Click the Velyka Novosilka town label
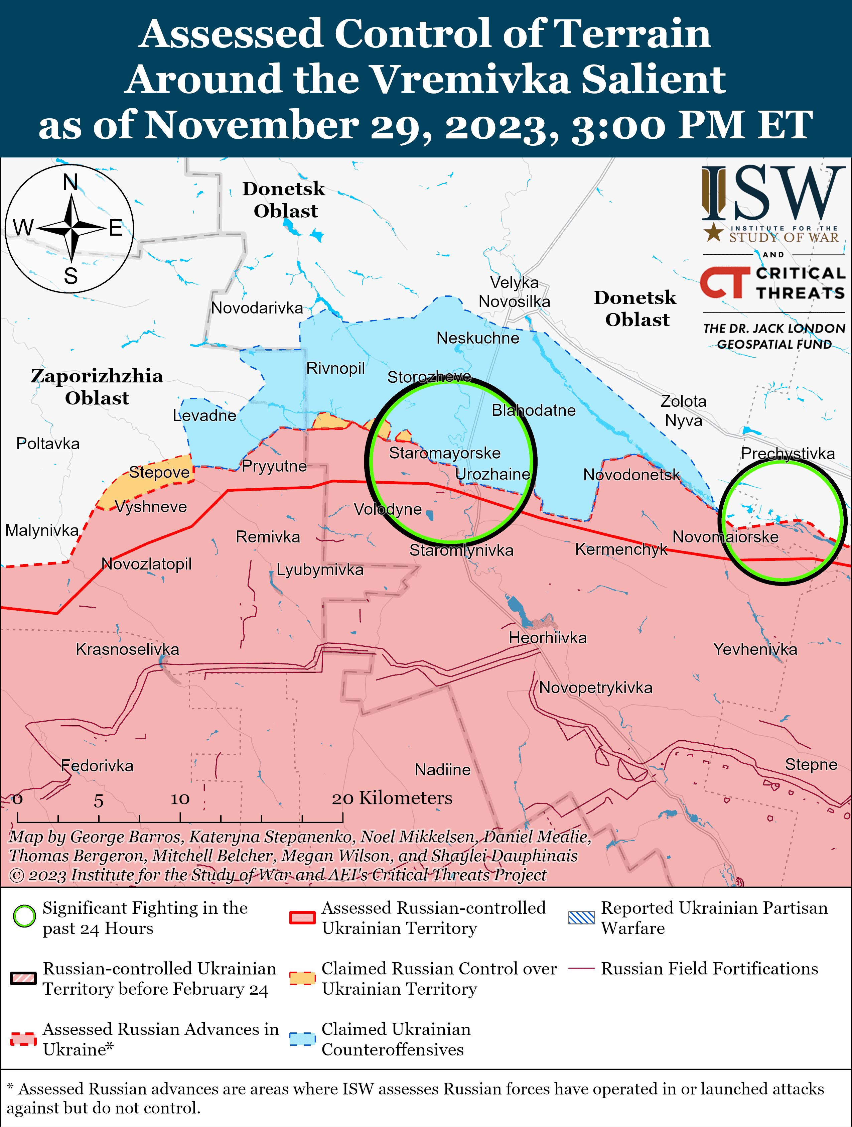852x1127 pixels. tap(514, 292)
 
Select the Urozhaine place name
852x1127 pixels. tap(492, 474)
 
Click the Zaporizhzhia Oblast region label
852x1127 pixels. tap(97, 387)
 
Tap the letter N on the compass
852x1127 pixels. tap(70, 182)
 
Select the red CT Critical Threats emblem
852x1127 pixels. tap(724, 283)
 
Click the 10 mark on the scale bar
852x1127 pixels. tap(180, 799)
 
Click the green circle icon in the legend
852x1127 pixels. tap(24, 916)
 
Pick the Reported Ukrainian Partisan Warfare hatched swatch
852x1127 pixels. tap(581, 917)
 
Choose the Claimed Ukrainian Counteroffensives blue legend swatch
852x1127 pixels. tap(302, 1039)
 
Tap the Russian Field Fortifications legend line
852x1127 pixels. tap(581, 968)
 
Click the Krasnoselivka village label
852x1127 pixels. tap(127, 650)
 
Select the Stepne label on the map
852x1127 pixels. tap(811, 765)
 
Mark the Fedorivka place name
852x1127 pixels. tap(97, 766)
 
